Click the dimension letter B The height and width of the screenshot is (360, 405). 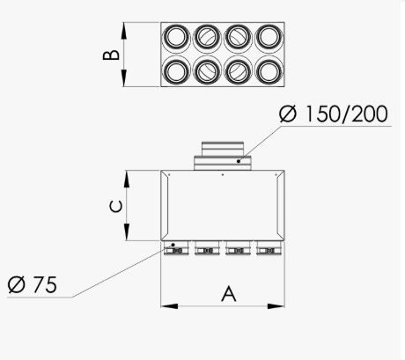tap(110, 55)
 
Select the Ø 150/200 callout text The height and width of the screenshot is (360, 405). tap(333, 115)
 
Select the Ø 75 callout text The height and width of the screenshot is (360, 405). tap(33, 285)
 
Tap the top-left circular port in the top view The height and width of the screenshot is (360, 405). tap(176, 37)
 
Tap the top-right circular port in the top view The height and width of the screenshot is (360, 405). tap(268, 37)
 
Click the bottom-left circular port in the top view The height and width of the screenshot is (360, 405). tap(176, 70)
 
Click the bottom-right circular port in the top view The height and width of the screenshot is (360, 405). tap(268, 70)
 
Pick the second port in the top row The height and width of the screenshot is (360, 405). tap(207, 37)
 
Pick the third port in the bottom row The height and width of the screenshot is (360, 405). tap(237, 70)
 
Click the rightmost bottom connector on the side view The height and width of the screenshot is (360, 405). tap(268, 249)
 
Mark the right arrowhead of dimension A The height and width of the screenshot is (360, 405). tap(280, 306)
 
